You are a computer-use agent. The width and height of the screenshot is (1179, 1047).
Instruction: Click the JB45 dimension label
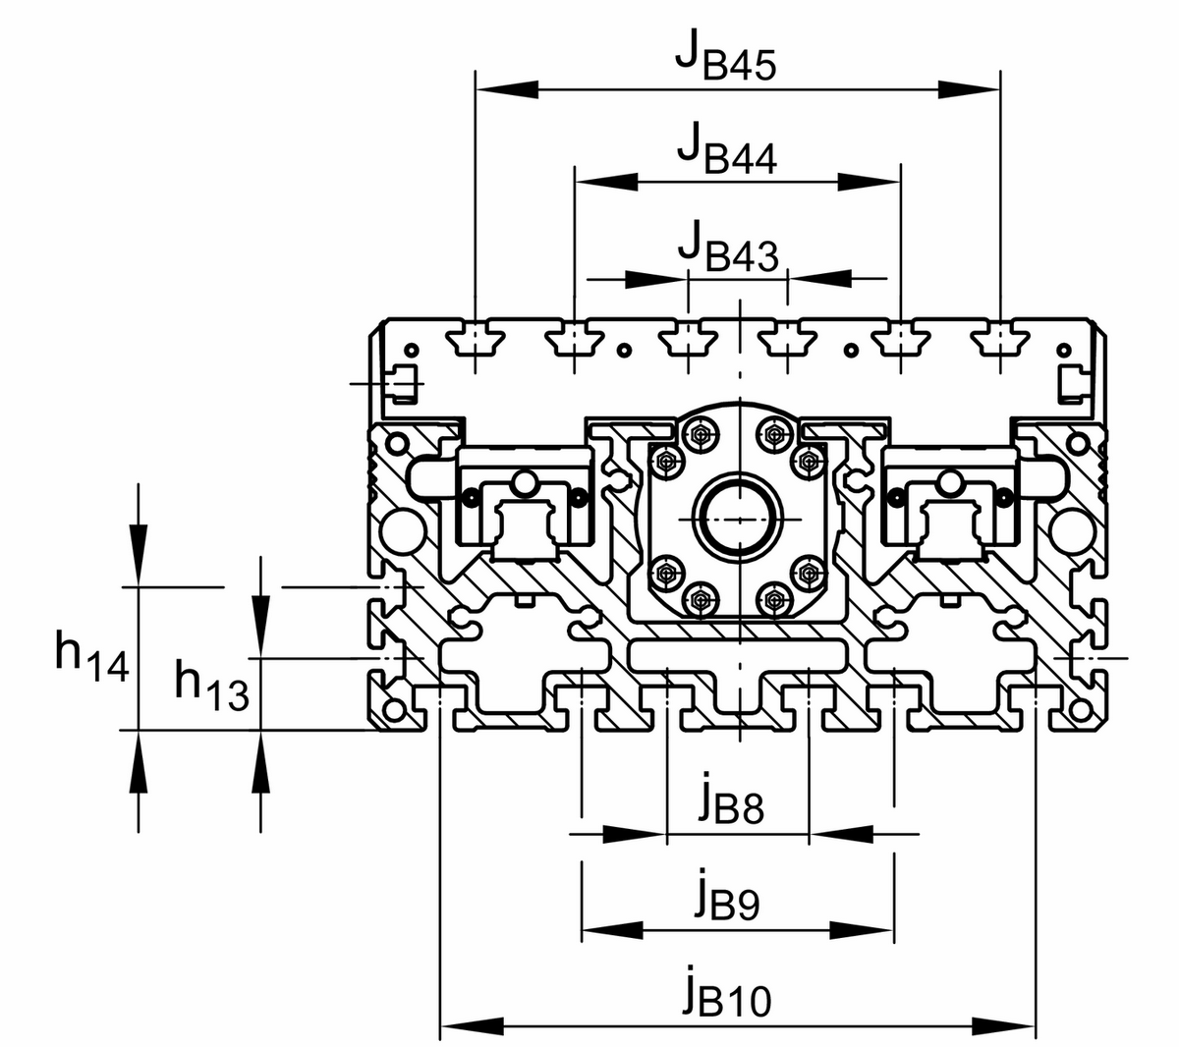[x=726, y=58]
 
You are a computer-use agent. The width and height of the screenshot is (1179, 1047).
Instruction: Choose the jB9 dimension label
[x=726, y=896]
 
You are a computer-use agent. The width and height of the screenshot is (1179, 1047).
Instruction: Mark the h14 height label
[x=91, y=656]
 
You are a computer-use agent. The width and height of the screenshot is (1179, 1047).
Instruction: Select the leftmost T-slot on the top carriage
[x=476, y=341]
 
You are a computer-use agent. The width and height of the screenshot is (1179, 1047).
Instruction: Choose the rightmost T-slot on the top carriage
[x=999, y=341]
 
